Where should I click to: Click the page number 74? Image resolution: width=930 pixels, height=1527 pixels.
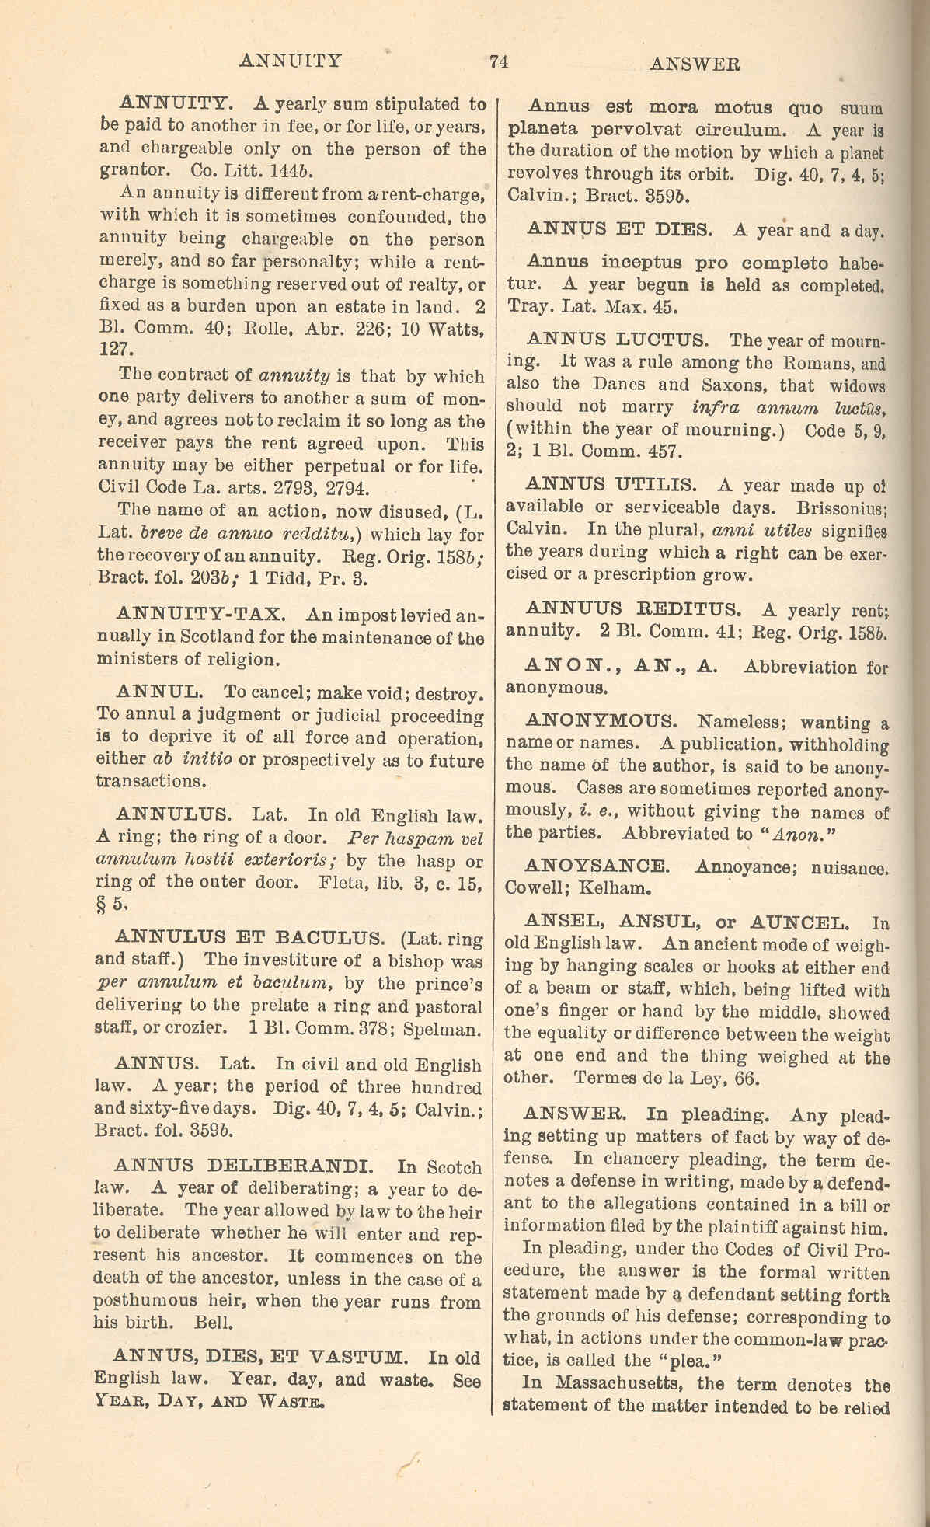click(x=499, y=63)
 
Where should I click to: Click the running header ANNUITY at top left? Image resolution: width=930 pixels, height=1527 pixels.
click(x=291, y=61)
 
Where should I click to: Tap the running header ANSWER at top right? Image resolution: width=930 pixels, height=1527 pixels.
click(x=694, y=64)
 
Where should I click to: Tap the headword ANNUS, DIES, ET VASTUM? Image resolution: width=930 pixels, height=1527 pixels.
click(x=258, y=1358)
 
